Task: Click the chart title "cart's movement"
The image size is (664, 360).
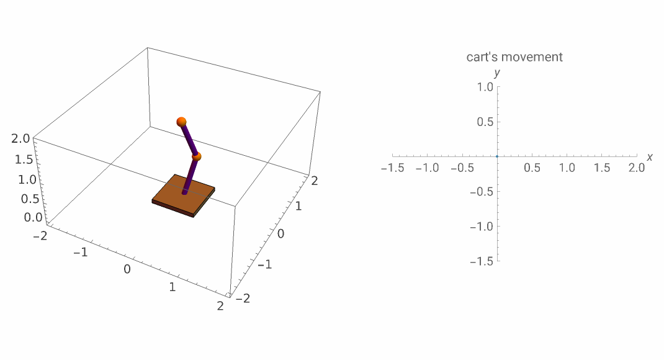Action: [x=514, y=57]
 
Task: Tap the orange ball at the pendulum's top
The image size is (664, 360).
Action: [x=181, y=121]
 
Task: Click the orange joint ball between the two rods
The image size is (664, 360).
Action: [x=197, y=157]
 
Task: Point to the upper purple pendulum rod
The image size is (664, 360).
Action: [x=189, y=139]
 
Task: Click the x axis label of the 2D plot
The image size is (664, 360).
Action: [x=650, y=157]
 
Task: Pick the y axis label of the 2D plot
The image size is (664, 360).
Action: [x=497, y=73]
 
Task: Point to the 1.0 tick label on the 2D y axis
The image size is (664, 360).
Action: [x=485, y=88]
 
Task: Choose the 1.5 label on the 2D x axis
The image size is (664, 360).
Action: [x=601, y=168]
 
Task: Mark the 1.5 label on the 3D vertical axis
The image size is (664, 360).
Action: [x=23, y=160]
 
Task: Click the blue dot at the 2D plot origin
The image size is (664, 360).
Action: [x=497, y=156]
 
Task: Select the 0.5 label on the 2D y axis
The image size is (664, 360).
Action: [x=485, y=122]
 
